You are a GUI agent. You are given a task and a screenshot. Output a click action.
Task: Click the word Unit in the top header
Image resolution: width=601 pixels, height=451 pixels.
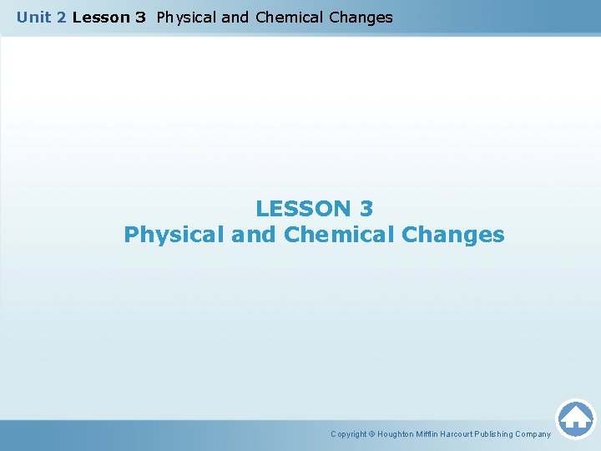[33, 17]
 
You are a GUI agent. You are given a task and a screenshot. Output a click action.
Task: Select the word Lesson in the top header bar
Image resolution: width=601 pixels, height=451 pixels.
[96, 17]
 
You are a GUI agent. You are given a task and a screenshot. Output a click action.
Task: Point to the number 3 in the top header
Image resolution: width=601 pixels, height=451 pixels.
[140, 17]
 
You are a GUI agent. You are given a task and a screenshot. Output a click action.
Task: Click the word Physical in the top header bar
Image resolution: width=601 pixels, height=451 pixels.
[186, 17]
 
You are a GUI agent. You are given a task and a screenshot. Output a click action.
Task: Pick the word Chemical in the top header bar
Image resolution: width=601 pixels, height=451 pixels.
[290, 17]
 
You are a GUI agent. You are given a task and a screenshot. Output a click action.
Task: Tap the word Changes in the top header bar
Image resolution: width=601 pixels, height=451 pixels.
[361, 17]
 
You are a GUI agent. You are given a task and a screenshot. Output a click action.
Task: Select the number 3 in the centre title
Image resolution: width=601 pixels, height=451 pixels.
[366, 208]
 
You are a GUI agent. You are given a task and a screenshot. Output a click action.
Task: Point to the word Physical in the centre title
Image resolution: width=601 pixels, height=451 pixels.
[173, 235]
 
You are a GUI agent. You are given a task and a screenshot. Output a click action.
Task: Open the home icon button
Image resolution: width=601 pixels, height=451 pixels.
[575, 418]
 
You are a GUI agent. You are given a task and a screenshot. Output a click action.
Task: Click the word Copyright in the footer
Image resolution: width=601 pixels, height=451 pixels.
[348, 434]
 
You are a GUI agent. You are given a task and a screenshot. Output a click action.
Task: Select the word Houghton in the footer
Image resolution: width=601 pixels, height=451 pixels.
[396, 434]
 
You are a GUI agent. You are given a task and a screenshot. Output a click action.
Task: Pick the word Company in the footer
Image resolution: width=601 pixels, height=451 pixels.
[534, 434]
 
